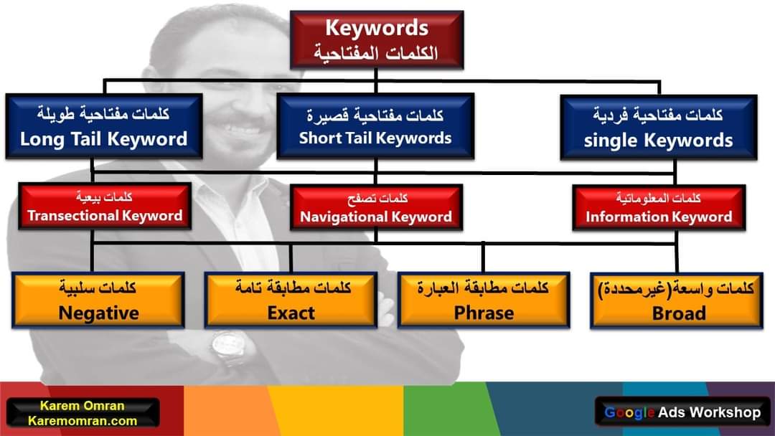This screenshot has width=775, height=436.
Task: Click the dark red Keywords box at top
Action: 377,40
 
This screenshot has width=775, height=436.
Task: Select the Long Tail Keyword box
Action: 104,126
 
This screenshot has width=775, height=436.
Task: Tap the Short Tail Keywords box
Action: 375,126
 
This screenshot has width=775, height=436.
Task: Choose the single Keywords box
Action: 658,128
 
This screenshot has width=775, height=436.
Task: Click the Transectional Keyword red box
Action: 105,207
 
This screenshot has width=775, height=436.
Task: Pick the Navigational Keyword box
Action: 376,207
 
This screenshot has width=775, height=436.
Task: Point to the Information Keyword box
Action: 659,207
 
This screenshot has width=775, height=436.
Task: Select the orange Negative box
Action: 98,300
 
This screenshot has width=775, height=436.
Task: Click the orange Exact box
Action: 291,300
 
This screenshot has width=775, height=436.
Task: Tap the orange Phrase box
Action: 484,300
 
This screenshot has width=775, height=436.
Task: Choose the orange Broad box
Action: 677,300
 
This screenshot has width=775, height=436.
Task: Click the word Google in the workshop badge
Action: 630,413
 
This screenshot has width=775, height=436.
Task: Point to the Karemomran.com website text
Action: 83,421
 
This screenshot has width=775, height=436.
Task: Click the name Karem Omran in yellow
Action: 82,406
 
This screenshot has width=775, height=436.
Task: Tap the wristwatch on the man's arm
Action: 228,348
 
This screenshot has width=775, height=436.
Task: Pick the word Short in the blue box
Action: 316,138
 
